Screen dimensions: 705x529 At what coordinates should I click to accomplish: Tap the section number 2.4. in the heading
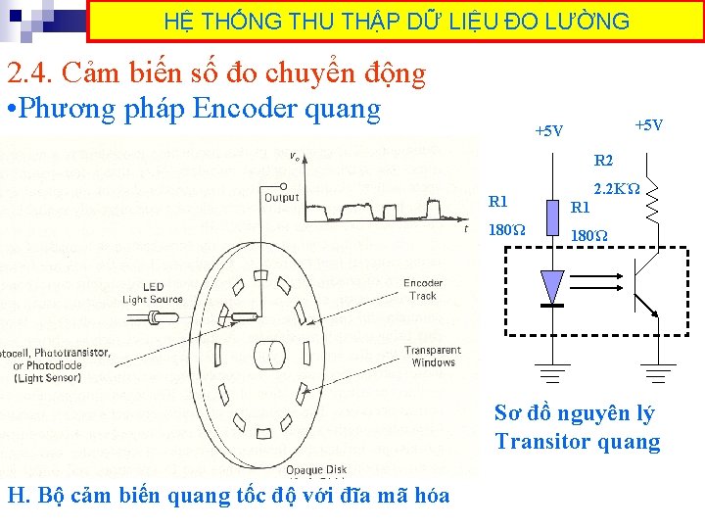click(35, 73)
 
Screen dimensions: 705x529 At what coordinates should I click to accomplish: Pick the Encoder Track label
click(423, 289)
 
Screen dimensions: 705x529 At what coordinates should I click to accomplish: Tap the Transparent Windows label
click(433, 356)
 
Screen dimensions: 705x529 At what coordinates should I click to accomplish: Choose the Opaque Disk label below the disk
click(316, 470)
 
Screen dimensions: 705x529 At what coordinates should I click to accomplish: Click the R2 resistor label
click(603, 161)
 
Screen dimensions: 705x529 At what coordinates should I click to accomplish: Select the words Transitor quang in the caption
click(578, 441)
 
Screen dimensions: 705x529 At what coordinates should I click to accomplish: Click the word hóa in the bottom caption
click(429, 495)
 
